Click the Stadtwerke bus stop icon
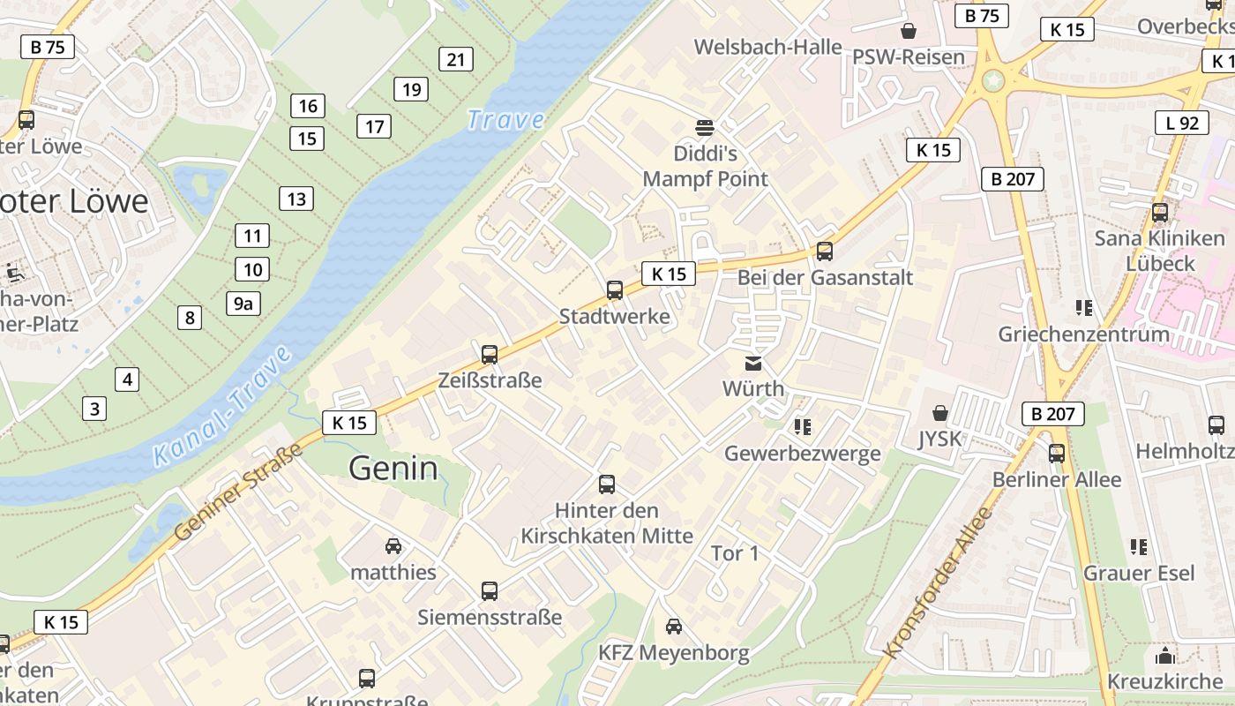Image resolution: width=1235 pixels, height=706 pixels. (615, 289)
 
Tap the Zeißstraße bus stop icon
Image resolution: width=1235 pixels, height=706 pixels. (490, 355)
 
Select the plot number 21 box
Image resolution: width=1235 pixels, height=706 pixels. (456, 59)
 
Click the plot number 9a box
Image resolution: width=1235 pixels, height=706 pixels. (243, 304)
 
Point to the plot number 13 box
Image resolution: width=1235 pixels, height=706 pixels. (296, 199)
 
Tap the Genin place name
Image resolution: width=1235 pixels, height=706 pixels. (393, 468)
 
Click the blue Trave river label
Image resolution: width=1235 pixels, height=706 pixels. (505, 119)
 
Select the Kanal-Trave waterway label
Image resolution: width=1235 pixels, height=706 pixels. (222, 406)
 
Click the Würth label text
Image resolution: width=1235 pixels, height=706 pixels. (752, 388)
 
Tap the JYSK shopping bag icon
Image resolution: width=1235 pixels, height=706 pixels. (940, 413)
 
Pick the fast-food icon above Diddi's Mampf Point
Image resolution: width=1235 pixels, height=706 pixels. (704, 127)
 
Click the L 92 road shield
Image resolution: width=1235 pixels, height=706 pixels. (1182, 123)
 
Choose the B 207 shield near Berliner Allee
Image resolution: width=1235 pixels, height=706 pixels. (1052, 413)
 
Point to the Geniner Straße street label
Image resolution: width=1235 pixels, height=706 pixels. (238, 492)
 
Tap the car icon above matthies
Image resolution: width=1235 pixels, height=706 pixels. (393, 546)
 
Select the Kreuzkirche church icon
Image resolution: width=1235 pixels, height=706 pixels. (1164, 656)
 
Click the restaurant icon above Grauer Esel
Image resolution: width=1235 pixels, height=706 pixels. (1139, 547)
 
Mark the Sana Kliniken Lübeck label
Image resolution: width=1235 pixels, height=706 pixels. (1159, 251)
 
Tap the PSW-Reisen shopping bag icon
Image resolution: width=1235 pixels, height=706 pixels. (909, 31)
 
